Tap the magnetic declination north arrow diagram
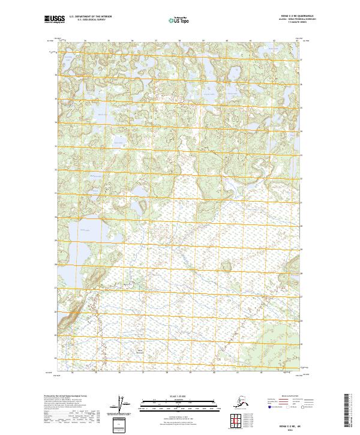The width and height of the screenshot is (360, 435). click(124, 404)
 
